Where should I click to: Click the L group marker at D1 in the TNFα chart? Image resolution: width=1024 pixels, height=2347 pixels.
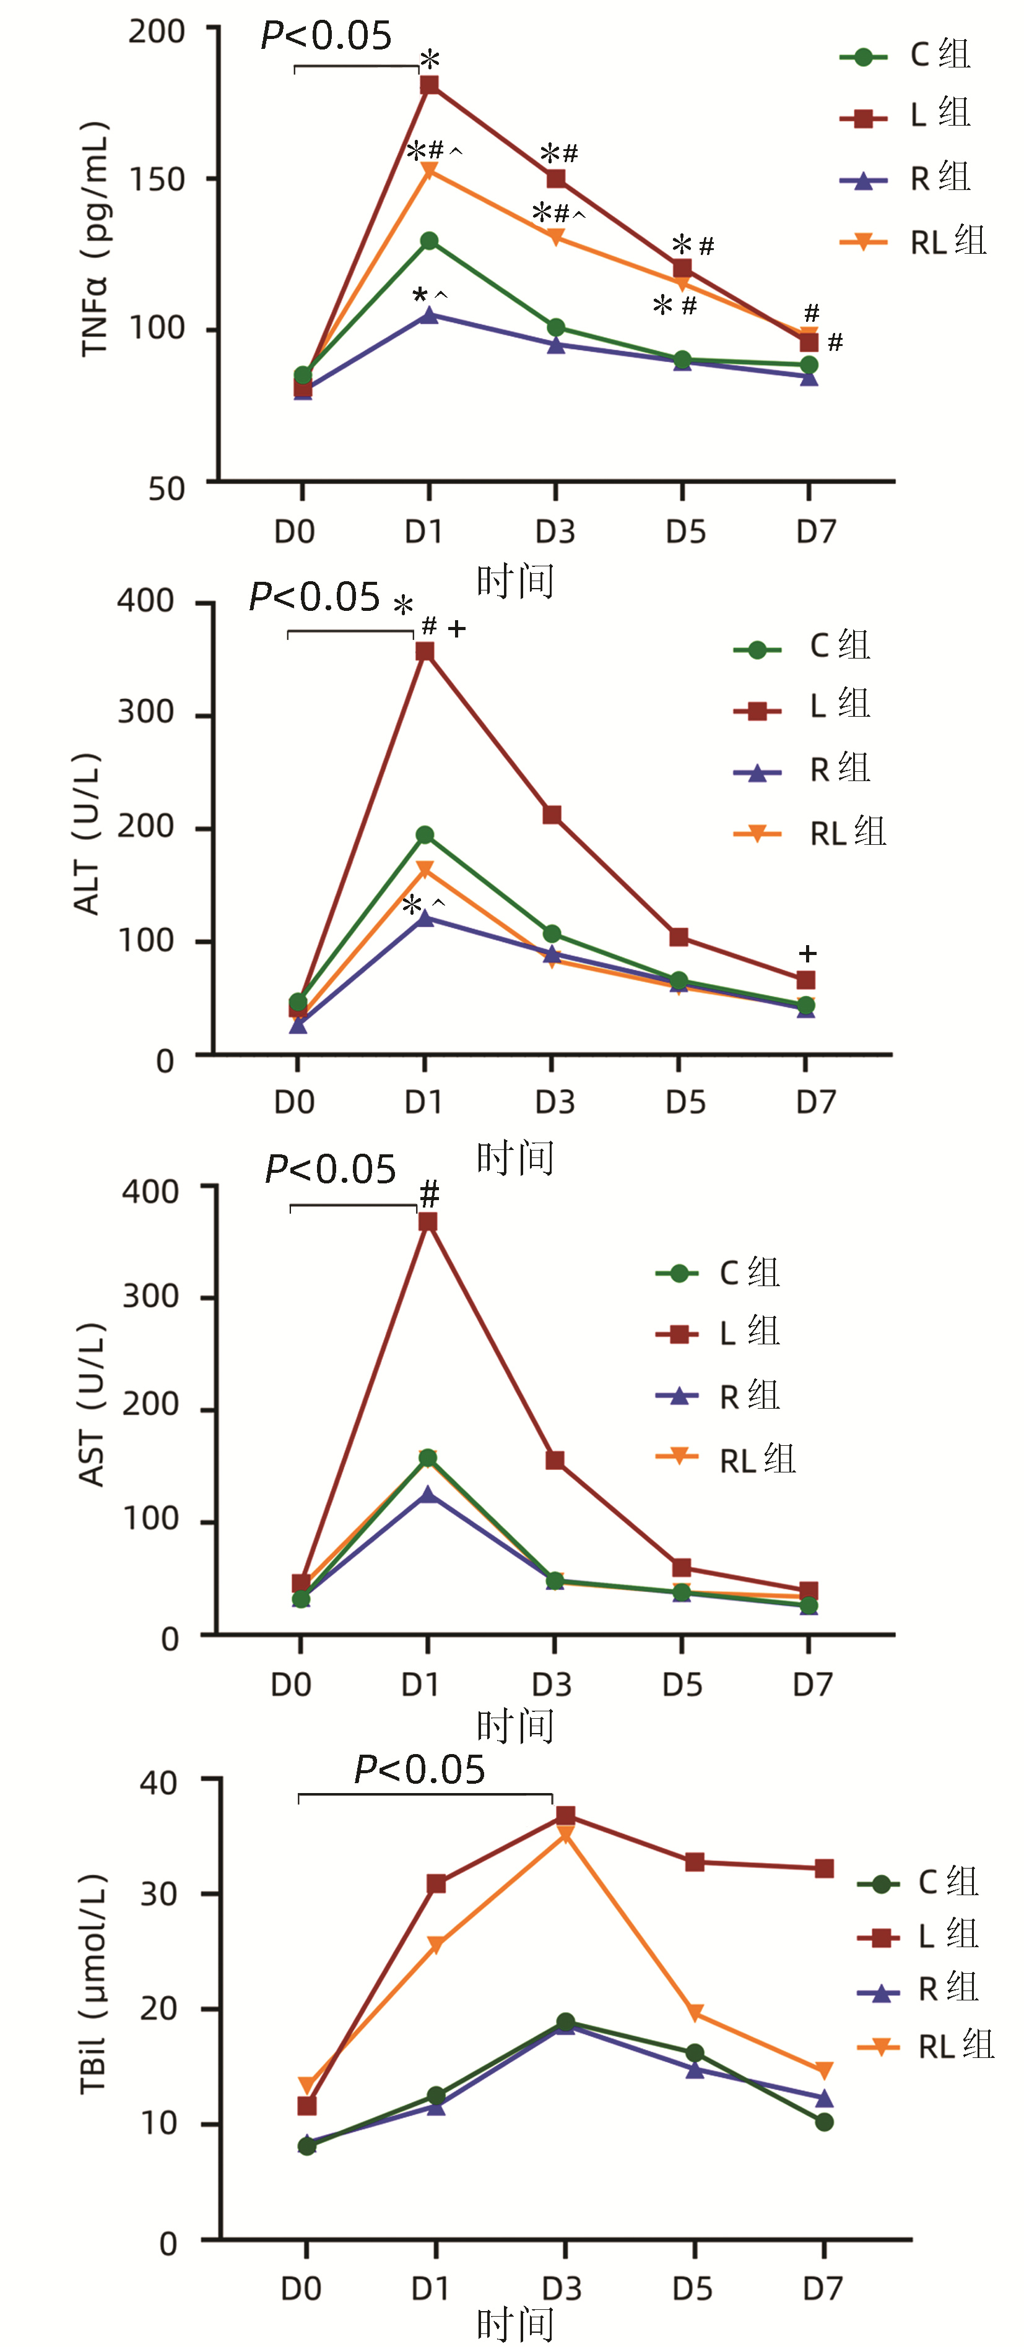(429, 85)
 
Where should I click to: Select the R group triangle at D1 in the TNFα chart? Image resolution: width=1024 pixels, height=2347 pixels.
(429, 314)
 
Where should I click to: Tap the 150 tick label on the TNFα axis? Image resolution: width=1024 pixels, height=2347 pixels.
(157, 179)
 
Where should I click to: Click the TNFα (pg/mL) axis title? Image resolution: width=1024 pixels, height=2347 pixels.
(96, 240)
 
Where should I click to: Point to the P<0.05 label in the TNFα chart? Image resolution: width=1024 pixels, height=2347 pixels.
(326, 37)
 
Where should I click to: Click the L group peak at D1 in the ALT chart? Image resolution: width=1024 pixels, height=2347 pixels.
(425, 652)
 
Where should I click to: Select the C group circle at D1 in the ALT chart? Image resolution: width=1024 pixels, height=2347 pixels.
(425, 834)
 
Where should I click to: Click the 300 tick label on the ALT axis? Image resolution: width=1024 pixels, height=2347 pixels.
(145, 712)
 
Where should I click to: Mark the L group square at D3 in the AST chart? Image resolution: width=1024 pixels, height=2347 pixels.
(555, 1461)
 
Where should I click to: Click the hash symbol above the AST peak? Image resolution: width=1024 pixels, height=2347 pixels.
(429, 1193)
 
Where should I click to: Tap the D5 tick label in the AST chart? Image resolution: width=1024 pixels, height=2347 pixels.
(682, 1685)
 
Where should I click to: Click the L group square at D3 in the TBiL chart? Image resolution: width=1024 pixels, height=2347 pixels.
(565, 1816)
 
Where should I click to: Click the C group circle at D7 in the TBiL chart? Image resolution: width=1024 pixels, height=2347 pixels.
(823, 2122)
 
